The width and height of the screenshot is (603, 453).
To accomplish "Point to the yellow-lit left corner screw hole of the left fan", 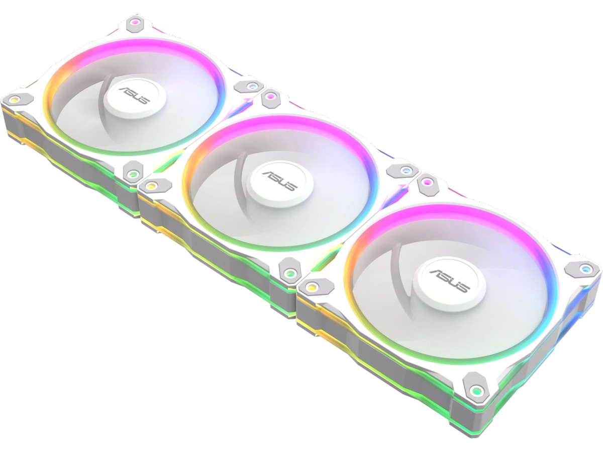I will pyautogui.click(x=15, y=99).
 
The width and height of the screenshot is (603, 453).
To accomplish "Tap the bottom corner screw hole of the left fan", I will pyautogui.click(x=133, y=174).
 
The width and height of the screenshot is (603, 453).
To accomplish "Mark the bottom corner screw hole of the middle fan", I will pyautogui.click(x=289, y=272).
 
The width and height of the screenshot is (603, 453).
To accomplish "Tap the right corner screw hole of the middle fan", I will pyautogui.click(x=404, y=170).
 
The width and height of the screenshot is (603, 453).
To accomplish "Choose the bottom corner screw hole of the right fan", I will pyautogui.click(x=474, y=389).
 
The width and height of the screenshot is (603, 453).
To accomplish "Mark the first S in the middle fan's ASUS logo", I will pyautogui.click(x=274, y=179).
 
